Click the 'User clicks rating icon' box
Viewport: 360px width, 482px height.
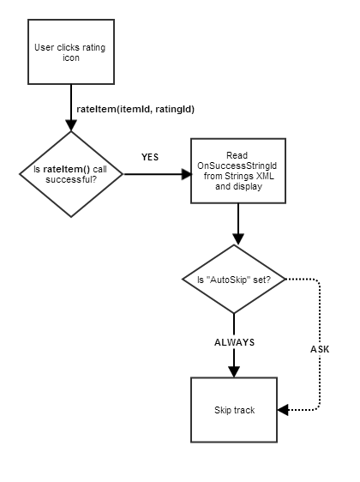point(71,51)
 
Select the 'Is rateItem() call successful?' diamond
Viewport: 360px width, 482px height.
point(71,174)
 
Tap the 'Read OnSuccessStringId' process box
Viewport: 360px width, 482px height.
point(238,171)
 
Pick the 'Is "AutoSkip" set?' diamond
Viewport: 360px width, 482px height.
point(234,279)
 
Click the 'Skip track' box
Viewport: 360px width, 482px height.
point(234,410)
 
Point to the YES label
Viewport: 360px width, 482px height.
point(150,157)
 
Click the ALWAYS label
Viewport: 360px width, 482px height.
point(234,342)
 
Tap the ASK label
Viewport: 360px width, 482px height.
point(320,349)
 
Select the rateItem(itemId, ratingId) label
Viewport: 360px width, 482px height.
point(135,109)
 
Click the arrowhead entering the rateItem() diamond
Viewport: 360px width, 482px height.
point(71,125)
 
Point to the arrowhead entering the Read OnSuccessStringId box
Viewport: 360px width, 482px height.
point(186,174)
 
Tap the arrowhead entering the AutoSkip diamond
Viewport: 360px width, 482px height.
point(238,239)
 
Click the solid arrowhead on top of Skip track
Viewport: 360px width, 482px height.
point(234,371)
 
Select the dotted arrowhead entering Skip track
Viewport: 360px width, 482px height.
point(283,410)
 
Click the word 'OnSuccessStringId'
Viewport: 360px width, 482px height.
point(237,166)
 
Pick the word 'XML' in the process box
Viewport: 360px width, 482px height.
point(265,176)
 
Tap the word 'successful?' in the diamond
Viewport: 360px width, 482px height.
point(71,179)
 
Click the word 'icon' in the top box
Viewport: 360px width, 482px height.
point(71,57)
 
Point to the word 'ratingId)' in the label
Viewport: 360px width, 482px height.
point(175,110)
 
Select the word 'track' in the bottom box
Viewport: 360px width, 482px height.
point(244,410)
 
